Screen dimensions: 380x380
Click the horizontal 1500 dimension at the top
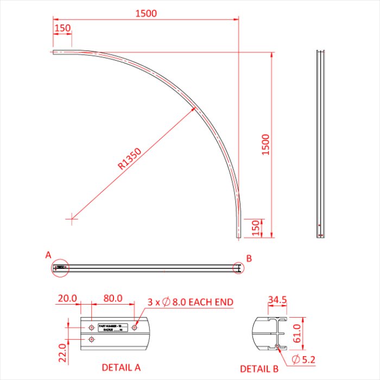pyautogui.click(x=146, y=14)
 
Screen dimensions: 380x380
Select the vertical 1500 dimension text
pyautogui.click(x=265, y=145)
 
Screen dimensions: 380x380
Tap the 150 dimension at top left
pyautogui.click(x=62, y=28)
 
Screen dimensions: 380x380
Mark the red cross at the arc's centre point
pyautogui.click(x=72, y=219)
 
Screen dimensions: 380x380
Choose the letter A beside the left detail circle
pyautogui.click(x=48, y=255)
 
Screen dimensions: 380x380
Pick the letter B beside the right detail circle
pyautogui.click(x=249, y=258)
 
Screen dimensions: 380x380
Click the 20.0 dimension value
pyautogui.click(x=68, y=299)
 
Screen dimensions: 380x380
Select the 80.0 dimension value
pyautogui.click(x=112, y=299)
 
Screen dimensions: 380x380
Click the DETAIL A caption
pyautogui.click(x=121, y=368)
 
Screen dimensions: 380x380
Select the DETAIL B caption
pyautogui.click(x=259, y=369)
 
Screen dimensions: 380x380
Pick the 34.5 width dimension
pyautogui.click(x=277, y=300)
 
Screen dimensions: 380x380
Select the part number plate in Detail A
pyautogui.click(x=112, y=328)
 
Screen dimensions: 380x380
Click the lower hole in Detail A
pyautogui.click(x=91, y=339)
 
